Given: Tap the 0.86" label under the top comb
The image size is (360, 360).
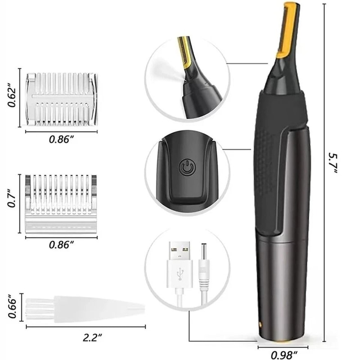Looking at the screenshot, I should point(61,140).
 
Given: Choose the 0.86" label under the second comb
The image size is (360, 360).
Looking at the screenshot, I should point(61,245).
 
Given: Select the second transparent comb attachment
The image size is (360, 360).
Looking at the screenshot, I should point(61,202).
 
